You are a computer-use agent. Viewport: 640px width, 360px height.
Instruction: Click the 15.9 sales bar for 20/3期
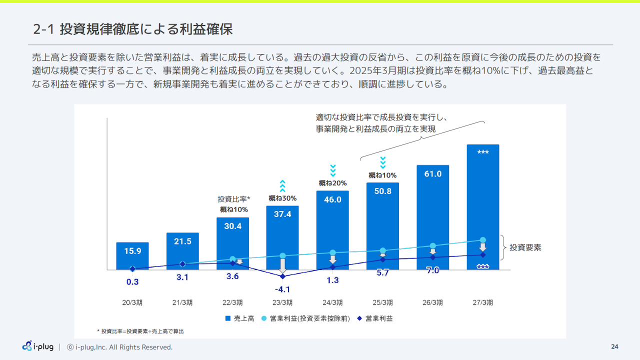(x=132, y=255)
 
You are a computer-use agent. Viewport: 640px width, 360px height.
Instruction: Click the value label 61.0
(x=432, y=174)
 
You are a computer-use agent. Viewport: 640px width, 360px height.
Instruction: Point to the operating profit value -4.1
(x=282, y=289)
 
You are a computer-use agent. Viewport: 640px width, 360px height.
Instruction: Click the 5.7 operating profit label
(x=382, y=273)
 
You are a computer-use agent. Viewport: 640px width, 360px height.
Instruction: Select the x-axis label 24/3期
(x=332, y=302)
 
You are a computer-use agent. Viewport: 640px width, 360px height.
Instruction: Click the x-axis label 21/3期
(x=182, y=302)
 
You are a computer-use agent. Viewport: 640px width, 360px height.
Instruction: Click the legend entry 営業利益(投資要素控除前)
(x=305, y=318)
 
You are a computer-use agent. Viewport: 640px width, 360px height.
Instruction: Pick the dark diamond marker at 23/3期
(x=282, y=276)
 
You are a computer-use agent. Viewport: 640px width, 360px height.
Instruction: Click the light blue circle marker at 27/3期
(x=482, y=240)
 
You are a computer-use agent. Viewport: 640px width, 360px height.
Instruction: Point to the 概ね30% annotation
(x=282, y=198)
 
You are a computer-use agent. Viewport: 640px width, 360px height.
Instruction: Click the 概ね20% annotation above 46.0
(x=332, y=183)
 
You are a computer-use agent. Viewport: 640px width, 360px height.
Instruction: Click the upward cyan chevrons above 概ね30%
(x=282, y=186)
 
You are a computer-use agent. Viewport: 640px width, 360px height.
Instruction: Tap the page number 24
(x=614, y=347)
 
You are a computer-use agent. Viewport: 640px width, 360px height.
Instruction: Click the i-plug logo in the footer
(x=38, y=346)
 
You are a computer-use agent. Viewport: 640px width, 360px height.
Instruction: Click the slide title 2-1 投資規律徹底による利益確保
(x=132, y=29)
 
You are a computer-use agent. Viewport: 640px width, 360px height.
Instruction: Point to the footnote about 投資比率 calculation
(x=143, y=331)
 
